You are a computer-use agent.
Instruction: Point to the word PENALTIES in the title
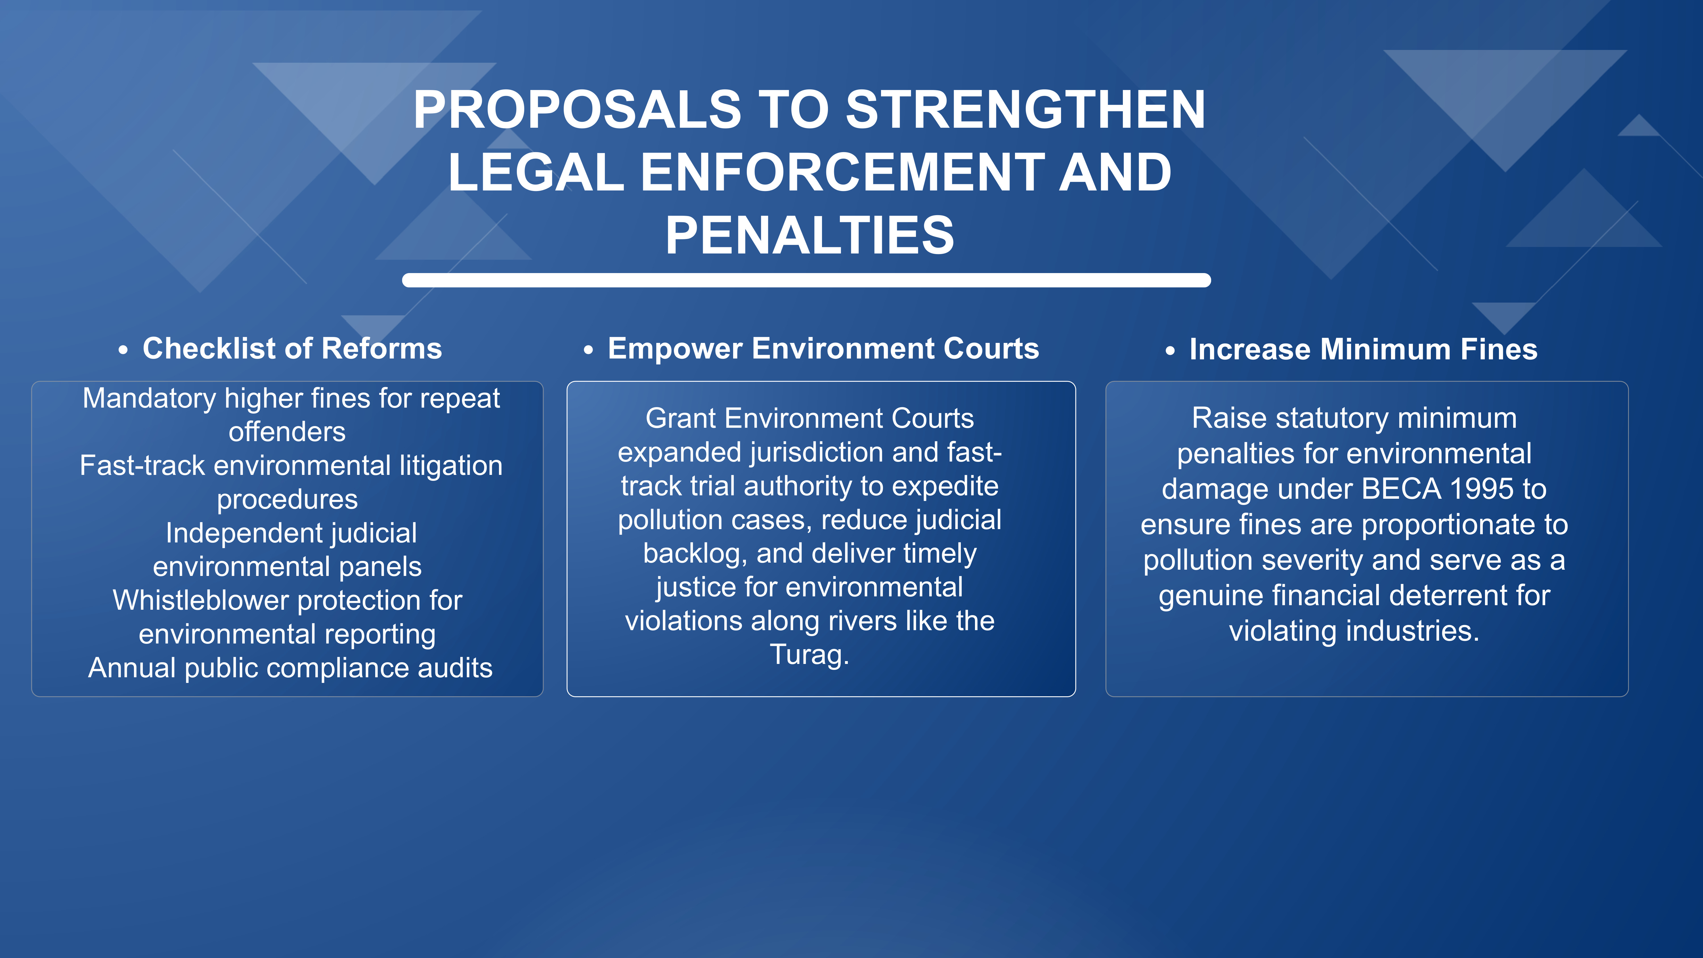[810, 235]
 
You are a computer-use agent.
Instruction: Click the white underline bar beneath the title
[807, 280]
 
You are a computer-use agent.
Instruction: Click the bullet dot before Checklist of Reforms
[123, 351]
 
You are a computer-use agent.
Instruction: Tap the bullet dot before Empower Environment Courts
[588, 351]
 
